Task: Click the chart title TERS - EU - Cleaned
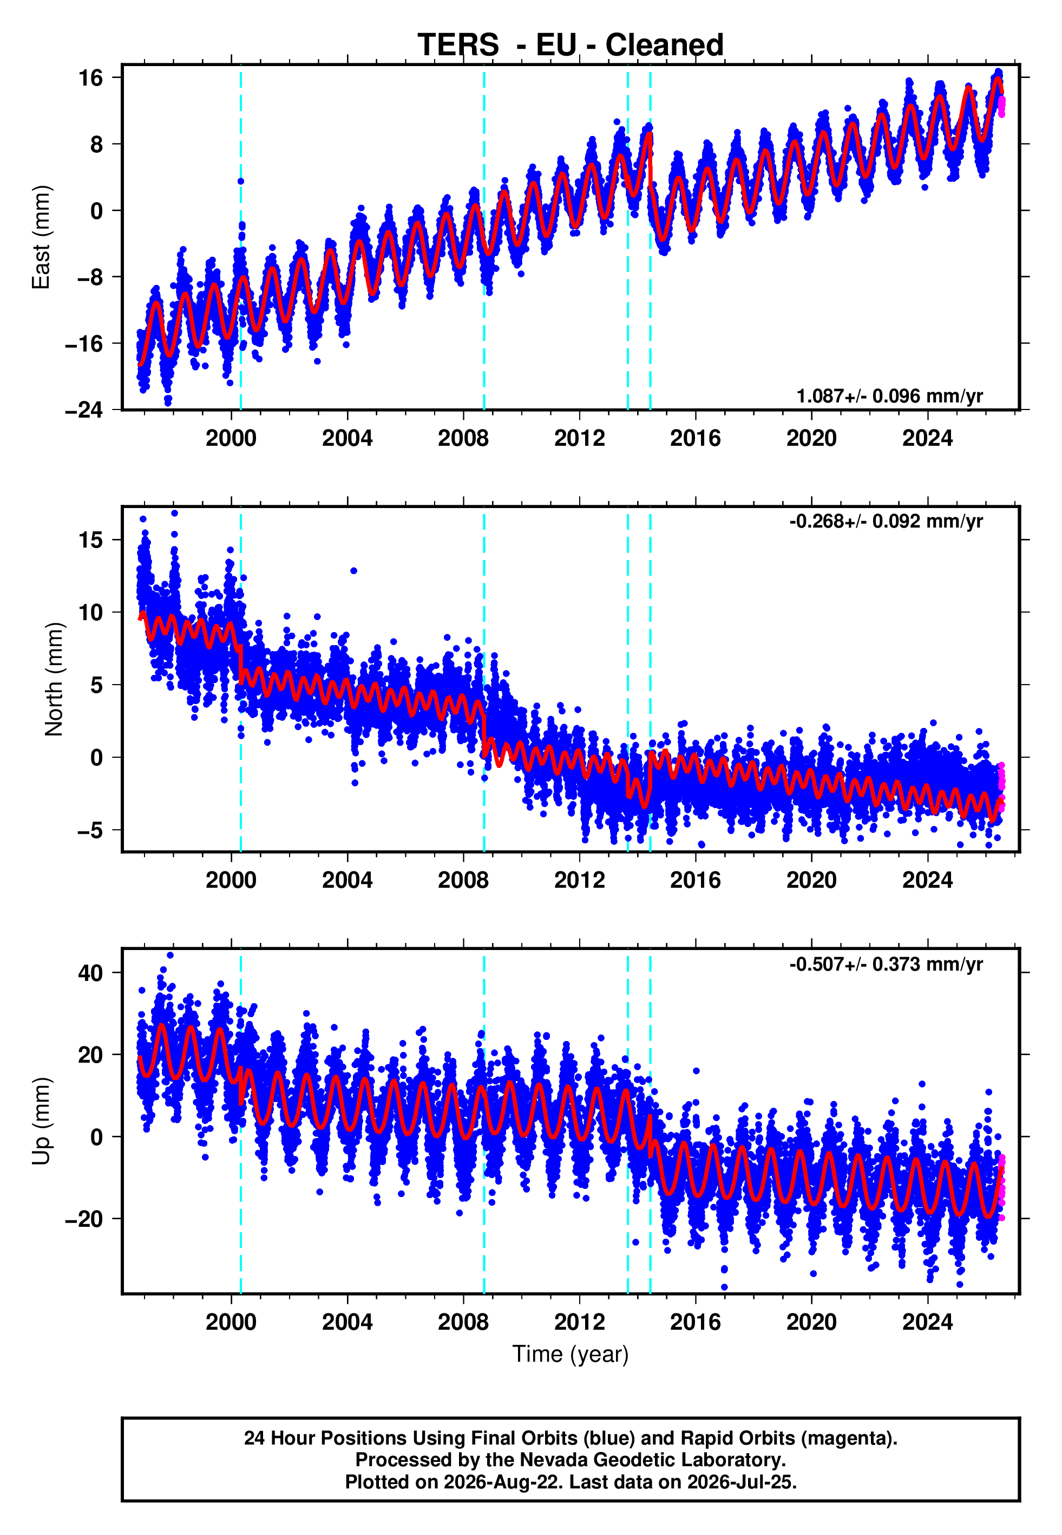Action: (x=571, y=45)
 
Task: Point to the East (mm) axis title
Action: (x=41, y=237)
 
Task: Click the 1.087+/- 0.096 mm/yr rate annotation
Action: (x=890, y=396)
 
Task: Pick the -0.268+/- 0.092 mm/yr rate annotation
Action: (x=886, y=521)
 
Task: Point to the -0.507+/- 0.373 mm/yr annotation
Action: (x=886, y=964)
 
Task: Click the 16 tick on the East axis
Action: (x=91, y=78)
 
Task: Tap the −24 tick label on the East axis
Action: (x=84, y=410)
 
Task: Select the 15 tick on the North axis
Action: (x=91, y=540)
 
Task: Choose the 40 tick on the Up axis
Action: (x=90, y=973)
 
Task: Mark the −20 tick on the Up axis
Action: (x=84, y=1219)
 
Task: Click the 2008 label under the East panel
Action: (x=463, y=439)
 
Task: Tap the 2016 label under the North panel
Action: (x=696, y=881)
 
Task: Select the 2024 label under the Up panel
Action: (x=928, y=1323)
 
